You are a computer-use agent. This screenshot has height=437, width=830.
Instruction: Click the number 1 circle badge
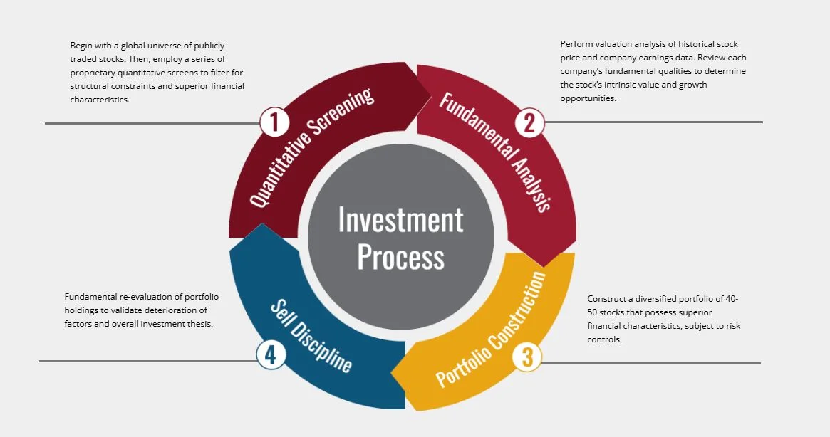coord(274,122)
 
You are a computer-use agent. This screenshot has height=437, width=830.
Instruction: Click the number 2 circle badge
coord(529,122)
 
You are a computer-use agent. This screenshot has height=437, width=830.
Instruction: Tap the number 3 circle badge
coord(527,356)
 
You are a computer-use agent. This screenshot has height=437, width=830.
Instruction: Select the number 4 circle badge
coord(271,354)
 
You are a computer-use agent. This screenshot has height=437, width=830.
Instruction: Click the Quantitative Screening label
coord(312,147)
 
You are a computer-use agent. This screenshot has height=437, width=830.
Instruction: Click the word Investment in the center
coord(400,220)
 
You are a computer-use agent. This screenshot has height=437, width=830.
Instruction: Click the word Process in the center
coord(400,256)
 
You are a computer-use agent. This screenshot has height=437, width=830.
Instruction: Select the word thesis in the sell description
coord(200,323)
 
